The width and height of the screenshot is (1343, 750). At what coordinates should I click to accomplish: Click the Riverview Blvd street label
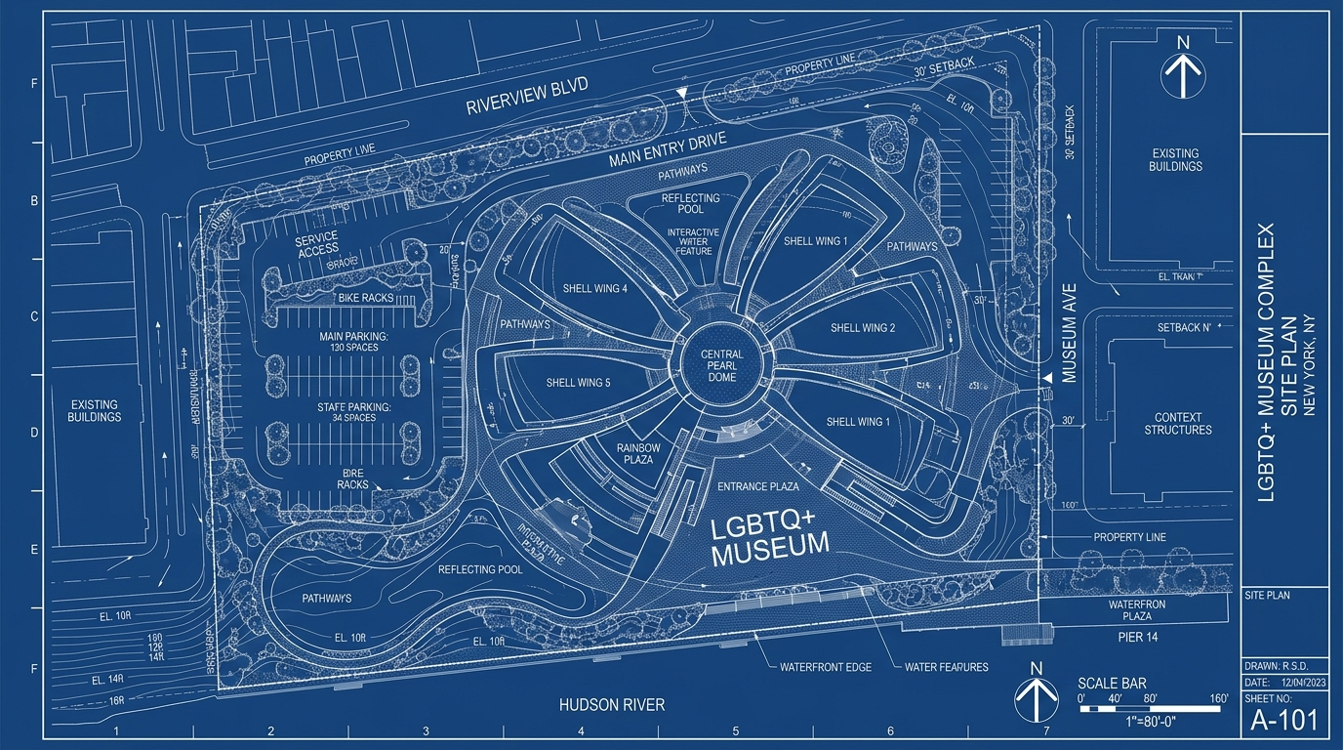527,98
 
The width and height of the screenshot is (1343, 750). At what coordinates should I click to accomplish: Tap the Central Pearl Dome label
721,366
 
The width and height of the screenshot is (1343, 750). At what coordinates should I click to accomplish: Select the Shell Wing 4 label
595,289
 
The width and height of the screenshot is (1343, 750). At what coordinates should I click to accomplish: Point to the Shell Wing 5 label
578,383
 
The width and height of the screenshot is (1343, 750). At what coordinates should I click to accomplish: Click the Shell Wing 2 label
863,328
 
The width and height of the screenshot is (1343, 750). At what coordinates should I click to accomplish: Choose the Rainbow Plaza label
639,454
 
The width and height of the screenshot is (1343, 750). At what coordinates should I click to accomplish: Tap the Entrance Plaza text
757,486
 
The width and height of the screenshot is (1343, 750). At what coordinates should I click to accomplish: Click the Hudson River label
612,704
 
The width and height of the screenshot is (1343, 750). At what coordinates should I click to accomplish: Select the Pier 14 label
1137,636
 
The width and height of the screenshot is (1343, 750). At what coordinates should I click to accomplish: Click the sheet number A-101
1284,721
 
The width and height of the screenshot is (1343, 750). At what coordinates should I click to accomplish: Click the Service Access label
317,244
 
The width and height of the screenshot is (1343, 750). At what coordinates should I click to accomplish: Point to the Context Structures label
1177,424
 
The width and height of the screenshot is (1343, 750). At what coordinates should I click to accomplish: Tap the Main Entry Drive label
669,150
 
